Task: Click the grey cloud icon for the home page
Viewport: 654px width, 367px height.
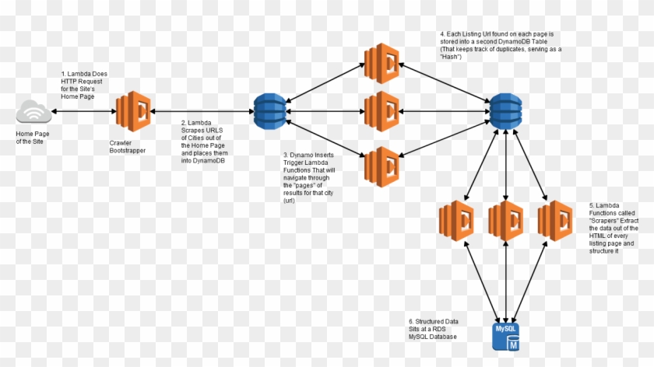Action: [33, 114]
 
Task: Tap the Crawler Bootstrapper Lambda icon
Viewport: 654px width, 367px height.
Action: [133, 113]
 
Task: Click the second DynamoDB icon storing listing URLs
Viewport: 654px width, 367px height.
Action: [505, 112]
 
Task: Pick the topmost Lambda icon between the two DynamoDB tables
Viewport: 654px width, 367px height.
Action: [382, 59]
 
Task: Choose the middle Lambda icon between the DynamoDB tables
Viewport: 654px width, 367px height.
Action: [382, 111]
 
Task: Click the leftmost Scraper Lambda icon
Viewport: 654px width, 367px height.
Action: [456, 220]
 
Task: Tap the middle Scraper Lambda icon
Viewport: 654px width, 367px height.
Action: [506, 220]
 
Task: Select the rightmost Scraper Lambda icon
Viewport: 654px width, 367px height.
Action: [556, 220]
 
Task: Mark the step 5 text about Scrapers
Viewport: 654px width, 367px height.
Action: [615, 229]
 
